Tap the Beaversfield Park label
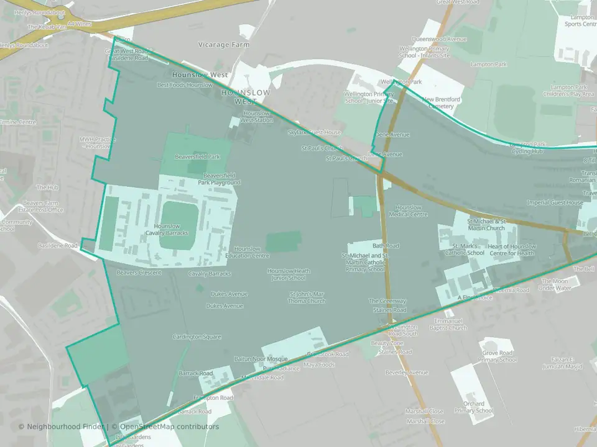(x=197, y=157)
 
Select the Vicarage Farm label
(x=223, y=45)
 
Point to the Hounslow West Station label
(x=257, y=117)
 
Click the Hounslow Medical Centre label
(x=408, y=210)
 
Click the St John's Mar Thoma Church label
(x=307, y=297)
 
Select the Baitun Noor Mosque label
(x=261, y=359)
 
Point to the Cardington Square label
(x=197, y=337)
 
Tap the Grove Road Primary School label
(x=498, y=356)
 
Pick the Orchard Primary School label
(x=473, y=407)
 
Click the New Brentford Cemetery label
(x=441, y=102)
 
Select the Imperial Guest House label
(x=555, y=202)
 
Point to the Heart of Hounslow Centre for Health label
(x=511, y=250)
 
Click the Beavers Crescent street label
(x=139, y=273)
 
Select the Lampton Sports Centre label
(x=580, y=22)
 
